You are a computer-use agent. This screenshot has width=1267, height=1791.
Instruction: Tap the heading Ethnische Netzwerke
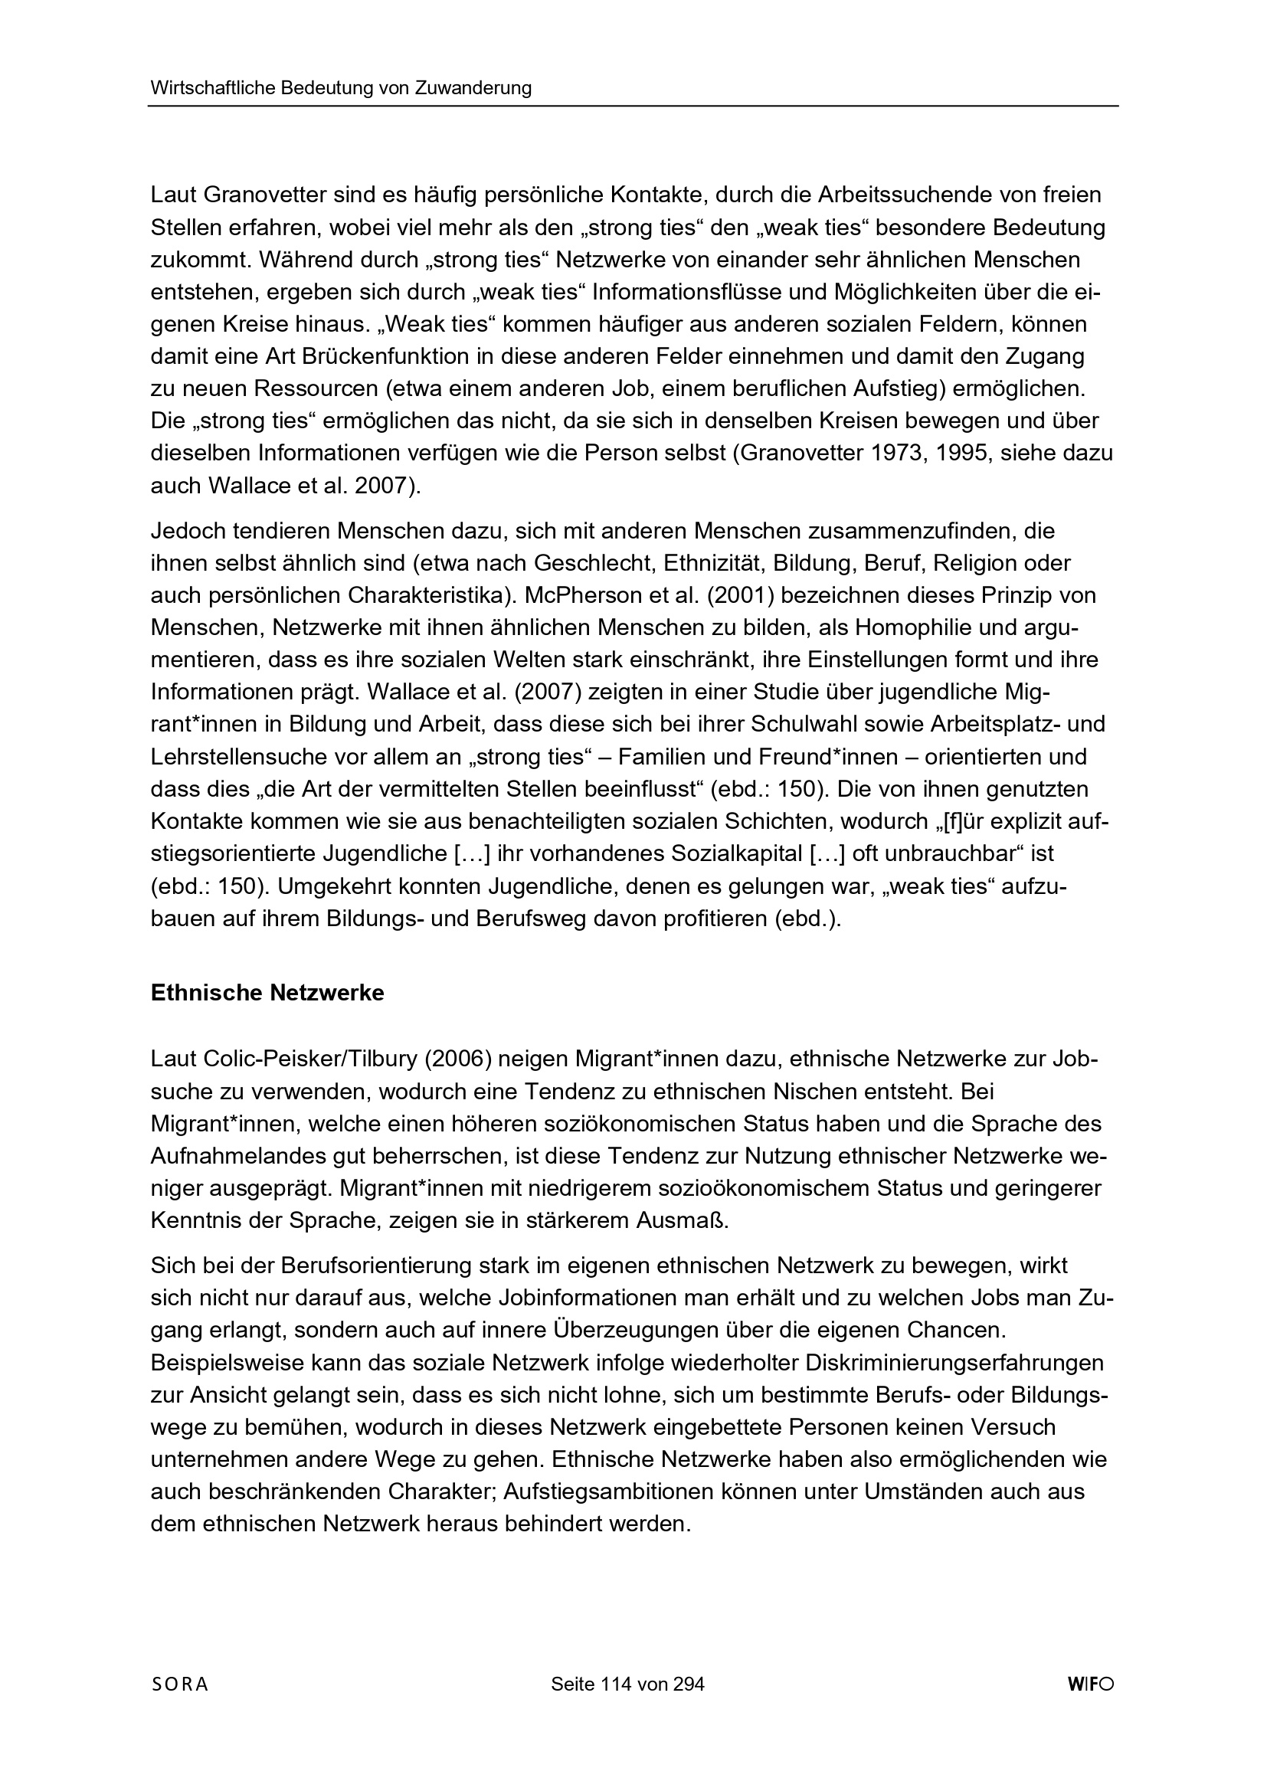pyautogui.click(x=267, y=994)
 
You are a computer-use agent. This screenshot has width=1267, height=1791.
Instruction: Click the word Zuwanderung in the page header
pyautogui.click(x=473, y=88)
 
